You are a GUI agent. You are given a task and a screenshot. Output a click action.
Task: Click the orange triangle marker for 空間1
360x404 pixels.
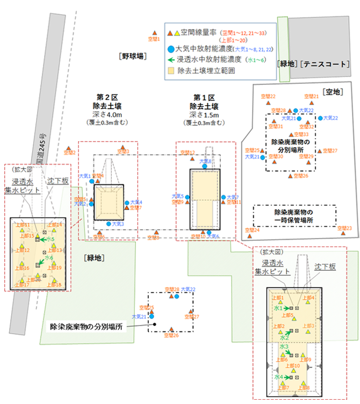point(155,34)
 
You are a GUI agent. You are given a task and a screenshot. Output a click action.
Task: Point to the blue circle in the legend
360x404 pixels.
point(170,48)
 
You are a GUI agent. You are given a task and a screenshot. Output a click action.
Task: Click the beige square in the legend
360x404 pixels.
point(171,70)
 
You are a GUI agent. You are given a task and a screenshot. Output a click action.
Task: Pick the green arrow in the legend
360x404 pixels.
point(170,60)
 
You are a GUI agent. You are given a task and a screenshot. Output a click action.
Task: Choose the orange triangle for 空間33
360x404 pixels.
point(291,134)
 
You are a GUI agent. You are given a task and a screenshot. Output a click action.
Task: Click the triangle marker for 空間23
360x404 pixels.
point(341,228)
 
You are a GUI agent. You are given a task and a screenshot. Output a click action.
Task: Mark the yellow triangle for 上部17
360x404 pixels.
point(20,280)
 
